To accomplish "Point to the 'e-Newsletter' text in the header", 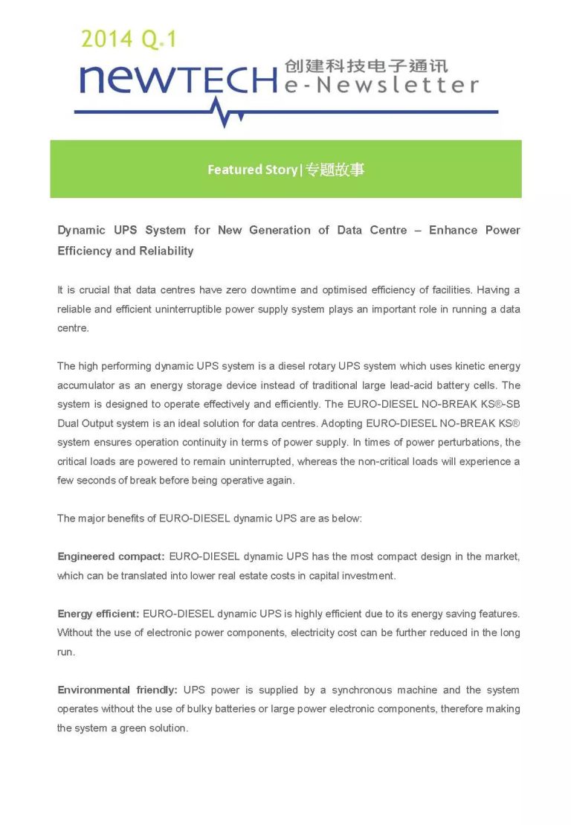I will pyautogui.click(x=381, y=86).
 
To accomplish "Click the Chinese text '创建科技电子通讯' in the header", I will pyautogui.click(x=366, y=65).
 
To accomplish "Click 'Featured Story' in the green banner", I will pyautogui.click(x=251, y=170).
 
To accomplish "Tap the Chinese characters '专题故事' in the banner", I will pyautogui.click(x=335, y=170).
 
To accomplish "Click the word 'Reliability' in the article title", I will pyautogui.click(x=164, y=251).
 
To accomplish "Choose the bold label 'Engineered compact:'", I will pyautogui.click(x=111, y=556).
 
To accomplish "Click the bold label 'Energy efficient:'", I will pyautogui.click(x=98, y=614).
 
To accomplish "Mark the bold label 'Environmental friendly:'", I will pyautogui.click(x=117, y=690).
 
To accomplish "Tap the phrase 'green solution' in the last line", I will pyautogui.click(x=154, y=728).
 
